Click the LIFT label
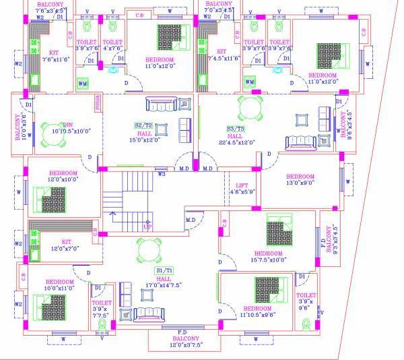(242, 185)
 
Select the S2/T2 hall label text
(143, 125)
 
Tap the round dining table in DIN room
(53, 129)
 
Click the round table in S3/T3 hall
(249, 108)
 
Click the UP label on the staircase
(147, 227)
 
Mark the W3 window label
(162, 174)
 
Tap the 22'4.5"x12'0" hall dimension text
(236, 143)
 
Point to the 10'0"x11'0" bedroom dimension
(59, 288)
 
